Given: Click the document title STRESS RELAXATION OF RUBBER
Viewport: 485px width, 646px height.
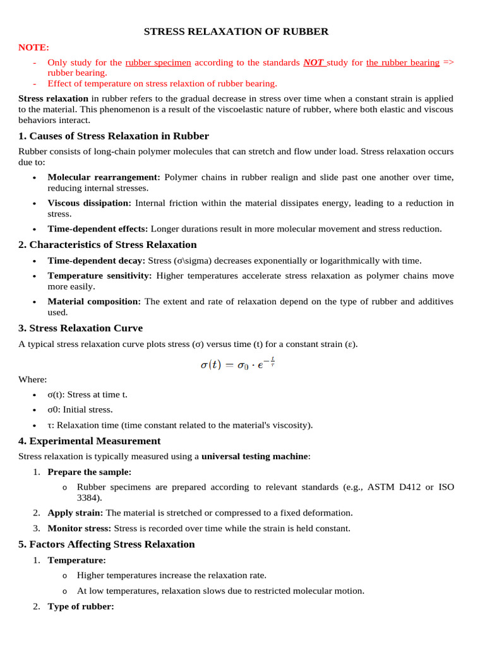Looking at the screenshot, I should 236,32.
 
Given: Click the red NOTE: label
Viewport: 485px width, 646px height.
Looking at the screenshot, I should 33,47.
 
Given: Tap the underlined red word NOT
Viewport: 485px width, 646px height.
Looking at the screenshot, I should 314,62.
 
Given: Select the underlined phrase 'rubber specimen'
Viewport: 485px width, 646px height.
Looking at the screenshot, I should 158,62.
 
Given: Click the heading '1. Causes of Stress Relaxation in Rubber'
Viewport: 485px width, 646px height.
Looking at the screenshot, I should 114,136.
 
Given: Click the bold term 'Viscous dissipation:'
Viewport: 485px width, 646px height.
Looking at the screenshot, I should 89,203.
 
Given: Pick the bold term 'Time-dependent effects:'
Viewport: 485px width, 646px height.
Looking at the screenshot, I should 97,229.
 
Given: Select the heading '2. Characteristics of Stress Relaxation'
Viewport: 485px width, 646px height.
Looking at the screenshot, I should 107,245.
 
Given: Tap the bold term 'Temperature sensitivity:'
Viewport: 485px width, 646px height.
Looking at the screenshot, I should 99,276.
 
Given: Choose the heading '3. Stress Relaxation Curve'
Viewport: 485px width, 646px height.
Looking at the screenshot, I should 80,328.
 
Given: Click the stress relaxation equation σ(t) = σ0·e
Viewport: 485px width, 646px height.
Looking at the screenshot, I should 237,365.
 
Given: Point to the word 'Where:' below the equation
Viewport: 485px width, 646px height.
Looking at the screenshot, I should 32,379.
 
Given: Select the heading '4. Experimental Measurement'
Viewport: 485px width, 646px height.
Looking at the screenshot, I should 89,441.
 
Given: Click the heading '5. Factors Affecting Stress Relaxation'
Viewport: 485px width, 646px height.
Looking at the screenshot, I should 106,544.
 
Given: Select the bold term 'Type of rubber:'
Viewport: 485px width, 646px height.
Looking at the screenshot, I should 81,606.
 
